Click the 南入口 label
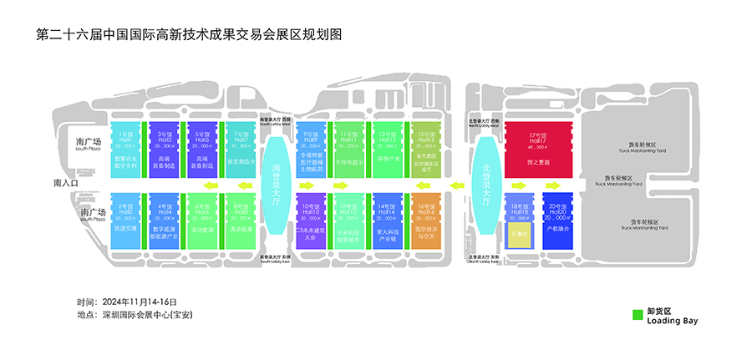[65, 183]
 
